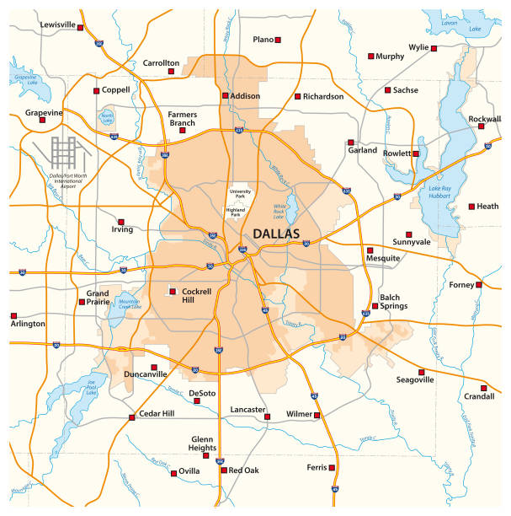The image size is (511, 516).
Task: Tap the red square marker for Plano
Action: pos(279,40)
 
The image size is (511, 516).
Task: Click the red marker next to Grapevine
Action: pos(42,120)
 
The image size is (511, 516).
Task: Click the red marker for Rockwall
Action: pos(480,126)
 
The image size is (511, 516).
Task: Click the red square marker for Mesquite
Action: pos(370,250)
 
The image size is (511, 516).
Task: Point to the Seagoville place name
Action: pos(415,380)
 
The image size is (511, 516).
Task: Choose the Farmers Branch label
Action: pos(183,118)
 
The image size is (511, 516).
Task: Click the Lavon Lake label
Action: pos(474,24)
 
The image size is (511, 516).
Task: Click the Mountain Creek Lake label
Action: pos(128,304)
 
